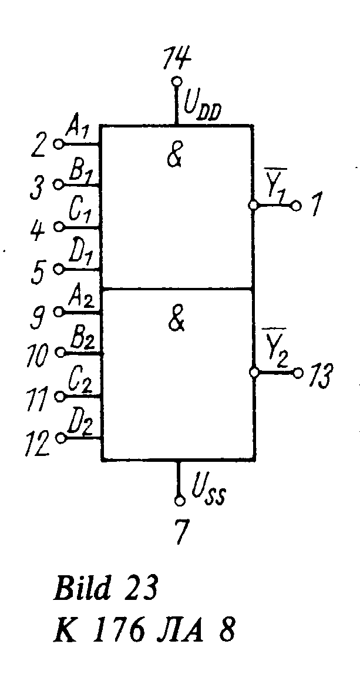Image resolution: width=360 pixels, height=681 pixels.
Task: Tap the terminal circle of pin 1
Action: pos(296,206)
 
